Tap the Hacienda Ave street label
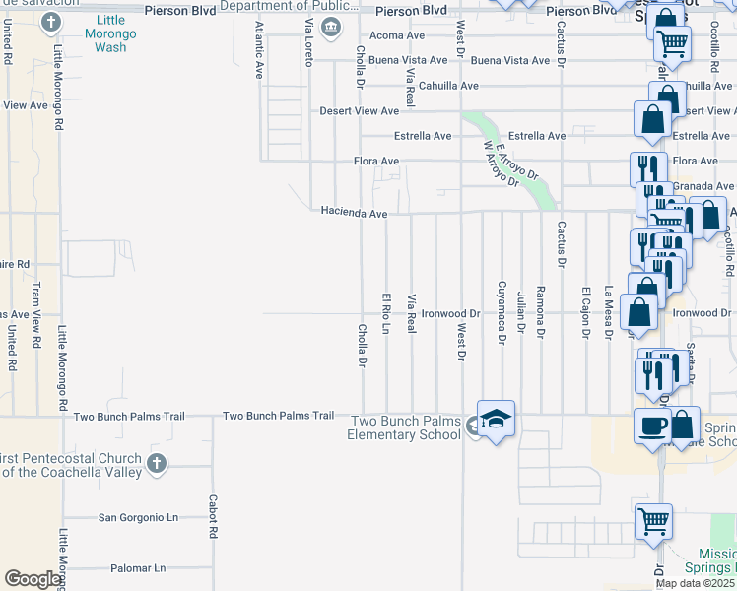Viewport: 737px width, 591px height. (354, 212)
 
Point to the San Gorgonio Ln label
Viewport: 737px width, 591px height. (138, 517)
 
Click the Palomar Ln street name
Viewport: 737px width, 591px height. (138, 568)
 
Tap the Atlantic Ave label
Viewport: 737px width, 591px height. (260, 50)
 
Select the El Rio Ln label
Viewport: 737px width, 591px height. (386, 312)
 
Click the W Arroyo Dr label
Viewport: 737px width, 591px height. (500, 163)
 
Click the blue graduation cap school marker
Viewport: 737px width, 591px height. (497, 417)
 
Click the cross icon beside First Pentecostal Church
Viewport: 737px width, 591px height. (156, 463)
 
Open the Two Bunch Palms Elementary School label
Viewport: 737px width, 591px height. (406, 427)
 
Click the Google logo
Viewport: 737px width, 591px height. (33, 579)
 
